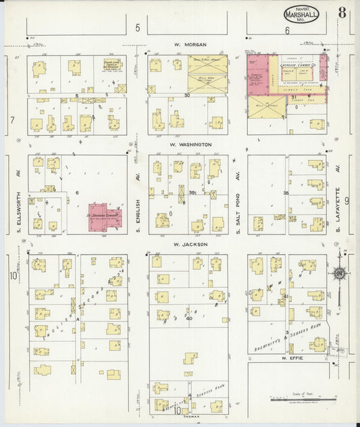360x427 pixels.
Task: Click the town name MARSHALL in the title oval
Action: click(299, 14)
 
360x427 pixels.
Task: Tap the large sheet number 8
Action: click(343, 12)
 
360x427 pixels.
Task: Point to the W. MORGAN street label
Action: click(189, 45)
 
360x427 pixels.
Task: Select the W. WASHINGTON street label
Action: click(190, 144)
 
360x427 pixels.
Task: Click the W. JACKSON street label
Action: click(188, 244)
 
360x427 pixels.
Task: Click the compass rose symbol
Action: click(338, 273)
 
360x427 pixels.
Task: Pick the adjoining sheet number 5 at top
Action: click(137, 28)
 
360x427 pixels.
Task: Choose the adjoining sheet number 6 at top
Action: click(287, 30)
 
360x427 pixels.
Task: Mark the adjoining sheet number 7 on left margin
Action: click(12, 120)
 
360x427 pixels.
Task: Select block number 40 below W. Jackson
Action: click(189, 318)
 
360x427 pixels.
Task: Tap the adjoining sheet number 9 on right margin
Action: click(347, 200)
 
